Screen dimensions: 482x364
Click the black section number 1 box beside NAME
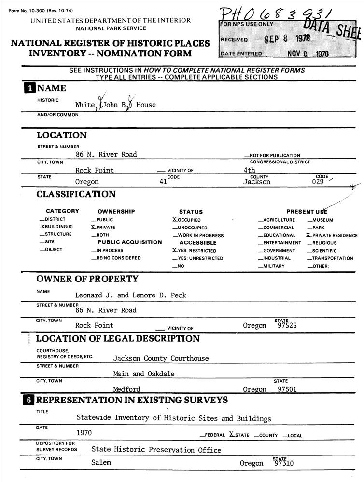(x=30, y=88)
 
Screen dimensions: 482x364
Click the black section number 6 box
(x=30, y=400)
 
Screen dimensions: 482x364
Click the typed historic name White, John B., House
(x=115, y=105)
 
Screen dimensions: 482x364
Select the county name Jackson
(x=256, y=182)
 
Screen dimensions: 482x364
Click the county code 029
(x=320, y=182)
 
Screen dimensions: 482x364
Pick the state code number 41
(x=163, y=182)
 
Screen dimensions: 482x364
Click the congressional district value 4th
(x=250, y=170)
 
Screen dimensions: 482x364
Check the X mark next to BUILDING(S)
(x=42, y=227)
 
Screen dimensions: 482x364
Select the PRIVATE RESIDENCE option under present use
(x=333, y=235)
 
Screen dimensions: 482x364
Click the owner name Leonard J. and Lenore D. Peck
(x=130, y=295)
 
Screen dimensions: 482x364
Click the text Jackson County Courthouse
(x=161, y=358)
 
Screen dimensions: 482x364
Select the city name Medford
(x=126, y=389)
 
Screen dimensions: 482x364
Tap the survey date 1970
(x=84, y=433)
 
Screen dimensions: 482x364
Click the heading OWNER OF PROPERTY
(x=87, y=279)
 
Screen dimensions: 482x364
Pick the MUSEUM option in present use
(x=321, y=220)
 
